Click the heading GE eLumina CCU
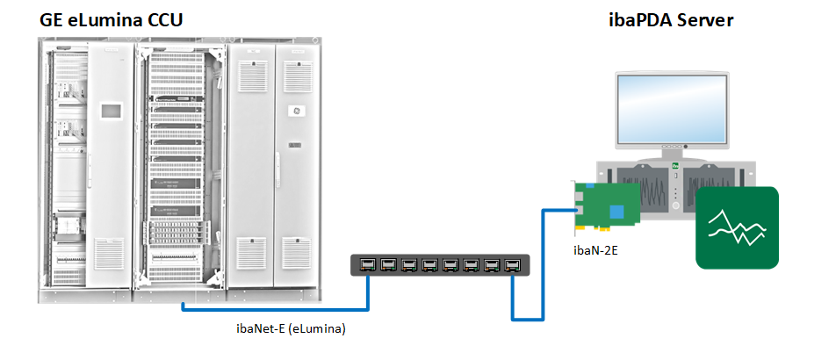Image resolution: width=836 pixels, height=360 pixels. tap(111, 19)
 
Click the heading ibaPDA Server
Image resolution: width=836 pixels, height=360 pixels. tap(671, 19)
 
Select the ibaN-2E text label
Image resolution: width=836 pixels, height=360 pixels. tap(595, 252)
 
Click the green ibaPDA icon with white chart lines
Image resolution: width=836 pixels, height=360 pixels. tap(737, 227)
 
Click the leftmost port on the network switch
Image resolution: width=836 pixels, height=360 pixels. tap(367, 264)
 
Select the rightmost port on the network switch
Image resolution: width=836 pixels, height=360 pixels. tap(513, 264)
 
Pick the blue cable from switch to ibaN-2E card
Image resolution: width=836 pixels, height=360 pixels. tap(527, 316)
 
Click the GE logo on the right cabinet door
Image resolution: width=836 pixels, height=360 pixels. tap(297, 112)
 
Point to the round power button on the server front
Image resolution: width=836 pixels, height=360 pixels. tap(675, 206)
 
